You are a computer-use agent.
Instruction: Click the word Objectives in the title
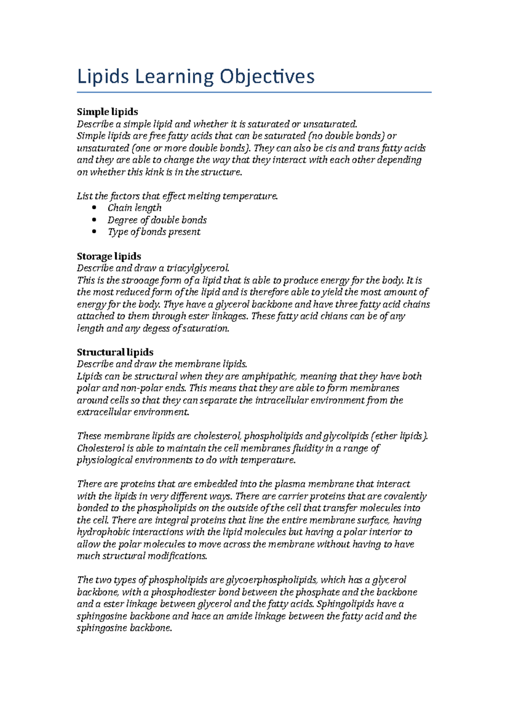(266, 77)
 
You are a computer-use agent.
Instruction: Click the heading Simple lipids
(107, 112)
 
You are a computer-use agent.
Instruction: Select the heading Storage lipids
(109, 256)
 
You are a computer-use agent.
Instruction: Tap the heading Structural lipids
(115, 352)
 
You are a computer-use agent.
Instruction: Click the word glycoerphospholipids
(271, 580)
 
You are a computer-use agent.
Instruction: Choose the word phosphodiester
(182, 592)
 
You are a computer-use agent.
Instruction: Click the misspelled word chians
(326, 316)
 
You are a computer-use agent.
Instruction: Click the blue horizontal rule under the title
(254, 92)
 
